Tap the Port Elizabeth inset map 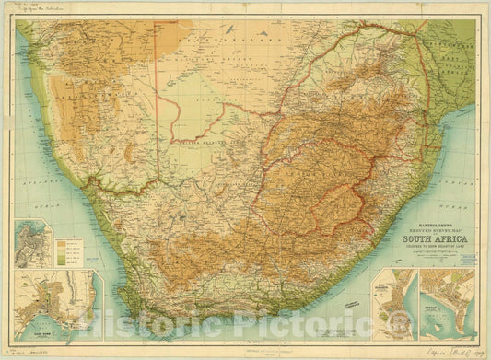(x=394, y=304)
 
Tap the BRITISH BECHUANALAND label (x=203, y=145)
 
